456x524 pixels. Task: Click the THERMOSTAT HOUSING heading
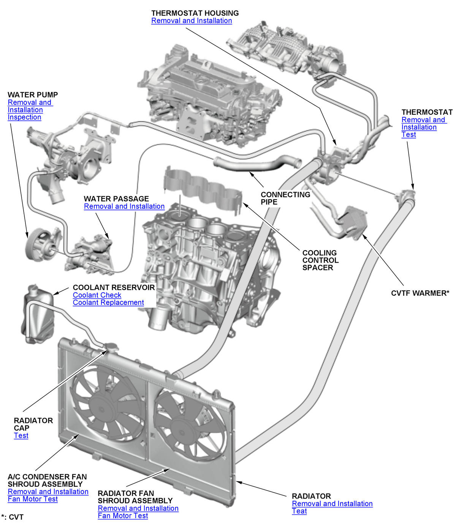tap(195, 13)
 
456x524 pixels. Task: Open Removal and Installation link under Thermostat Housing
tap(192, 21)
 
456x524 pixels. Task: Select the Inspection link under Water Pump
tap(24, 117)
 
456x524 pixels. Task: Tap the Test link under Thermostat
tap(408, 135)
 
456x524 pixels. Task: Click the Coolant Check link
tap(97, 295)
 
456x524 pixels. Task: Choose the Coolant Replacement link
tap(108, 303)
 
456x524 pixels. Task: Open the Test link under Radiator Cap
tap(21, 436)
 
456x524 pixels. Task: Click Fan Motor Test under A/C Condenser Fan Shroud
tap(33, 499)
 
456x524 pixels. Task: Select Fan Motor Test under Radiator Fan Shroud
tap(123, 516)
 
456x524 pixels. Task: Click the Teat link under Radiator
tap(299, 511)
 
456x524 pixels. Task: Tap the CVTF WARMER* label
tap(420, 293)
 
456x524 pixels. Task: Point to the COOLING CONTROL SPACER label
tap(320, 260)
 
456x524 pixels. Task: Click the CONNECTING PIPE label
tap(285, 198)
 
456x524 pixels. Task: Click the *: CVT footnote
tap(13, 517)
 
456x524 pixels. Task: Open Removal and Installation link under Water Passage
tap(124, 207)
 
